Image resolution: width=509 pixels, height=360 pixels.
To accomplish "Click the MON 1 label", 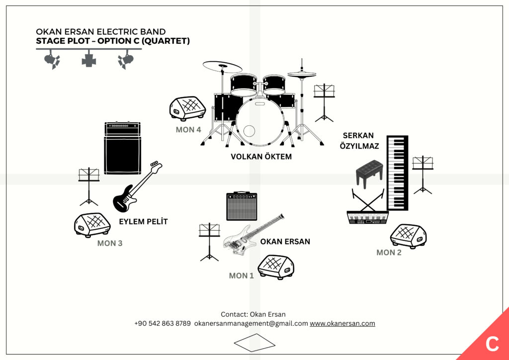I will (241, 275).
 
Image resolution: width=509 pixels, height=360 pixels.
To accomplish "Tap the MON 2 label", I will (389, 252).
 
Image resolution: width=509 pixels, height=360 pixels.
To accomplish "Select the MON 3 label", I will (110, 243).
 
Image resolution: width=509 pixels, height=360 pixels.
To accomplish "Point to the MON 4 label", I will (188, 130).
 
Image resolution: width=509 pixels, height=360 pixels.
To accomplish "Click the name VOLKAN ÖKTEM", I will (261, 157).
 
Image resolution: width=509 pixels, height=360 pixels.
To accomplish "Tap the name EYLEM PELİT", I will (143, 222).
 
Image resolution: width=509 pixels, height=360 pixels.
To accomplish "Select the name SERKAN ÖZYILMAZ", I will (359, 141).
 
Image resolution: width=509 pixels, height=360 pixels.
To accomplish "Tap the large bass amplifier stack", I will (123, 148).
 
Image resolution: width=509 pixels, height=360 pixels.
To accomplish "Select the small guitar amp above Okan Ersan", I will (242, 206).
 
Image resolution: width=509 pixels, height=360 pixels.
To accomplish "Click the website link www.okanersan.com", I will (342, 323).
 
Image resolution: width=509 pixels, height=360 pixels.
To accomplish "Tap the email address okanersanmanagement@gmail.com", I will (251, 323).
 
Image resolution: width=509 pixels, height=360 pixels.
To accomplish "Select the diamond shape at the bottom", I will (254, 343).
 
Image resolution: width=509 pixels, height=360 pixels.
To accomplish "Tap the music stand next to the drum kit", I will (324, 102).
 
